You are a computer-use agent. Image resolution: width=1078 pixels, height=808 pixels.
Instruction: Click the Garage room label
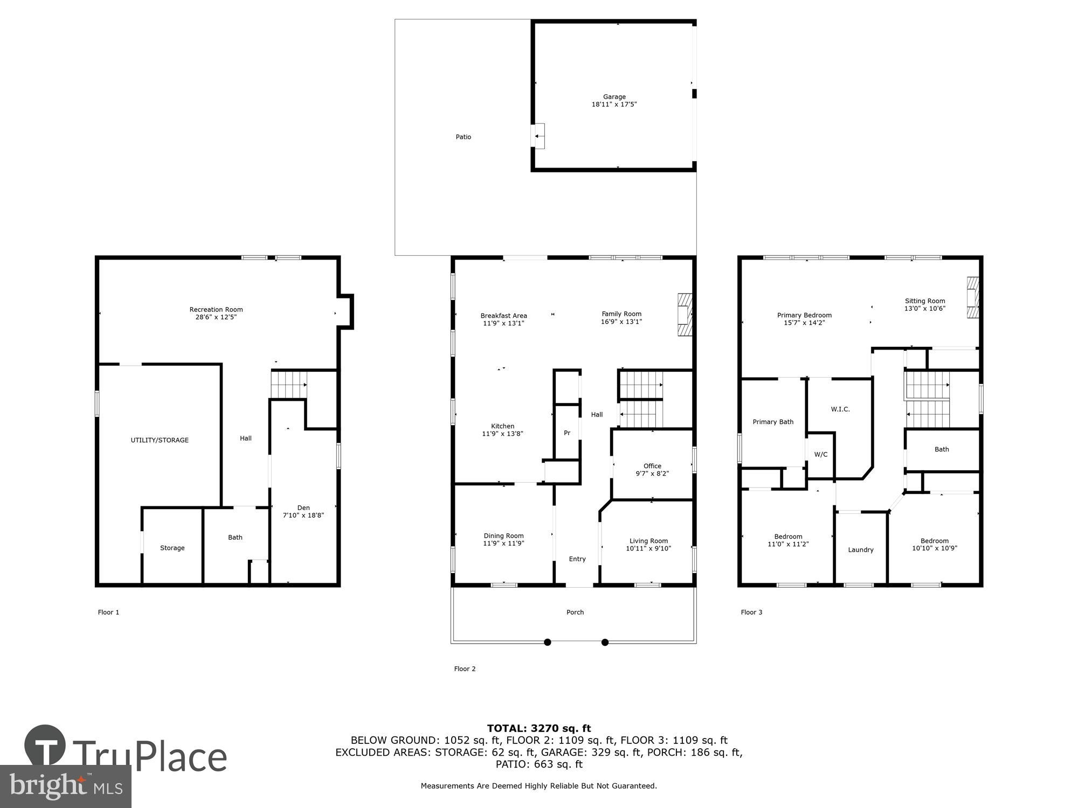pyautogui.click(x=614, y=97)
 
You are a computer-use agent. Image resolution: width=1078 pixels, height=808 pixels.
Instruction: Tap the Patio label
pyautogui.click(x=463, y=137)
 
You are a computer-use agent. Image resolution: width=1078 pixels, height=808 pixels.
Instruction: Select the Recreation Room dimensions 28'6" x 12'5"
pyautogui.click(x=216, y=317)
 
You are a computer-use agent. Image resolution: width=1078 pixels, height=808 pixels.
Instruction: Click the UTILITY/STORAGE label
pyautogui.click(x=160, y=440)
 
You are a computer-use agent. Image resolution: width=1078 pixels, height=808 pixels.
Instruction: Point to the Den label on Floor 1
pyautogui.click(x=303, y=507)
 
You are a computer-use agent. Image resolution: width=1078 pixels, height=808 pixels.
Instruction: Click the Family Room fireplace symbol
pyautogui.click(x=685, y=315)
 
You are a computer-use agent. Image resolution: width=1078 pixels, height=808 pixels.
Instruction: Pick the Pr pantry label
pyautogui.click(x=567, y=433)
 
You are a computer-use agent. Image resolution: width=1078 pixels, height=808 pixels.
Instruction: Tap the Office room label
pyautogui.click(x=652, y=466)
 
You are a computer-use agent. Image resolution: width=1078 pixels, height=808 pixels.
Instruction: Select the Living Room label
pyautogui.click(x=648, y=541)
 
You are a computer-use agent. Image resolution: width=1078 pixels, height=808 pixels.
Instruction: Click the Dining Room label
pyautogui.click(x=503, y=535)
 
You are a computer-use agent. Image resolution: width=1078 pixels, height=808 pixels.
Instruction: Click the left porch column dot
pyautogui.click(x=548, y=642)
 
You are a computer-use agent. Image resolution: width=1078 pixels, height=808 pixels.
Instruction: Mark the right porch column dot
pyautogui.click(x=605, y=642)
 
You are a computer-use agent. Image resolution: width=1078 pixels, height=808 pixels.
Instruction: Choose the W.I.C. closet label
pyautogui.click(x=840, y=409)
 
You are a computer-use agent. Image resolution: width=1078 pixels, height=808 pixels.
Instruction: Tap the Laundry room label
pyautogui.click(x=860, y=550)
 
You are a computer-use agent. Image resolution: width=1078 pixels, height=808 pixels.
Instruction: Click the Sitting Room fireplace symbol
pyautogui.click(x=972, y=298)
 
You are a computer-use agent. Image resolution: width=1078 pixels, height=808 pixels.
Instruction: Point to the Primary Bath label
pyautogui.click(x=773, y=422)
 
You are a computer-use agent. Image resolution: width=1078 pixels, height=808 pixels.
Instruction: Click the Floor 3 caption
pyautogui.click(x=751, y=612)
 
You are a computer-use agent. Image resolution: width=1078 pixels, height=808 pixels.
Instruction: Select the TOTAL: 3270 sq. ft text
pyautogui.click(x=539, y=728)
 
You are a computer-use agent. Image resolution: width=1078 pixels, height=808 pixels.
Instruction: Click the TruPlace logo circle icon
pyautogui.click(x=45, y=746)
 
